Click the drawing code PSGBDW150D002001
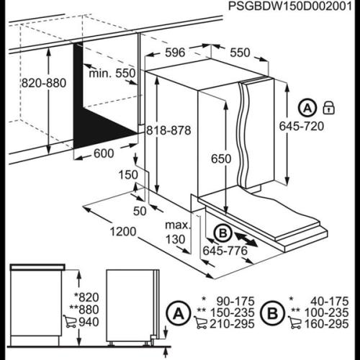(x=290, y=6)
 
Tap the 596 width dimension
(x=175, y=53)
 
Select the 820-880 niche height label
(x=44, y=83)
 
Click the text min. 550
(x=112, y=73)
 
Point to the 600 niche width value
(x=104, y=153)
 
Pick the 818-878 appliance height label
(x=168, y=130)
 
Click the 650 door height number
(x=221, y=158)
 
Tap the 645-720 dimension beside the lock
(x=302, y=126)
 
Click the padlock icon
(x=328, y=108)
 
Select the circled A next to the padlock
(x=307, y=108)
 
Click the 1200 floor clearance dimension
(x=123, y=231)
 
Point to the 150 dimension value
(x=128, y=175)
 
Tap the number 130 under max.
(x=176, y=239)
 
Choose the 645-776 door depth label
(x=225, y=251)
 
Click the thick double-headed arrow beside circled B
(x=246, y=239)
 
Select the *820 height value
(x=86, y=297)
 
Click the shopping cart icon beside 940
(x=70, y=322)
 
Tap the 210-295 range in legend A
(x=232, y=324)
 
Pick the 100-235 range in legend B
(x=326, y=312)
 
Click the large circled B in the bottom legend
(x=273, y=313)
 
